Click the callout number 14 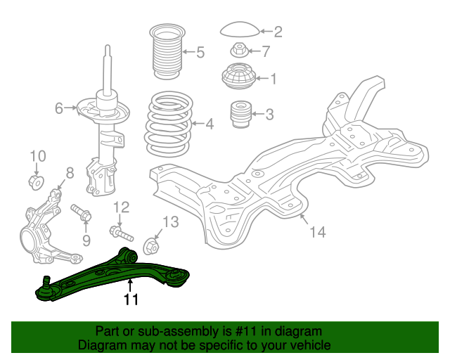(x=318, y=231)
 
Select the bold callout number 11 (x=131, y=300)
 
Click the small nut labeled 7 (x=239, y=50)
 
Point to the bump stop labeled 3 (x=241, y=114)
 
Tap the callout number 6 (x=60, y=108)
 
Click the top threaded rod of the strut (x=108, y=67)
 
